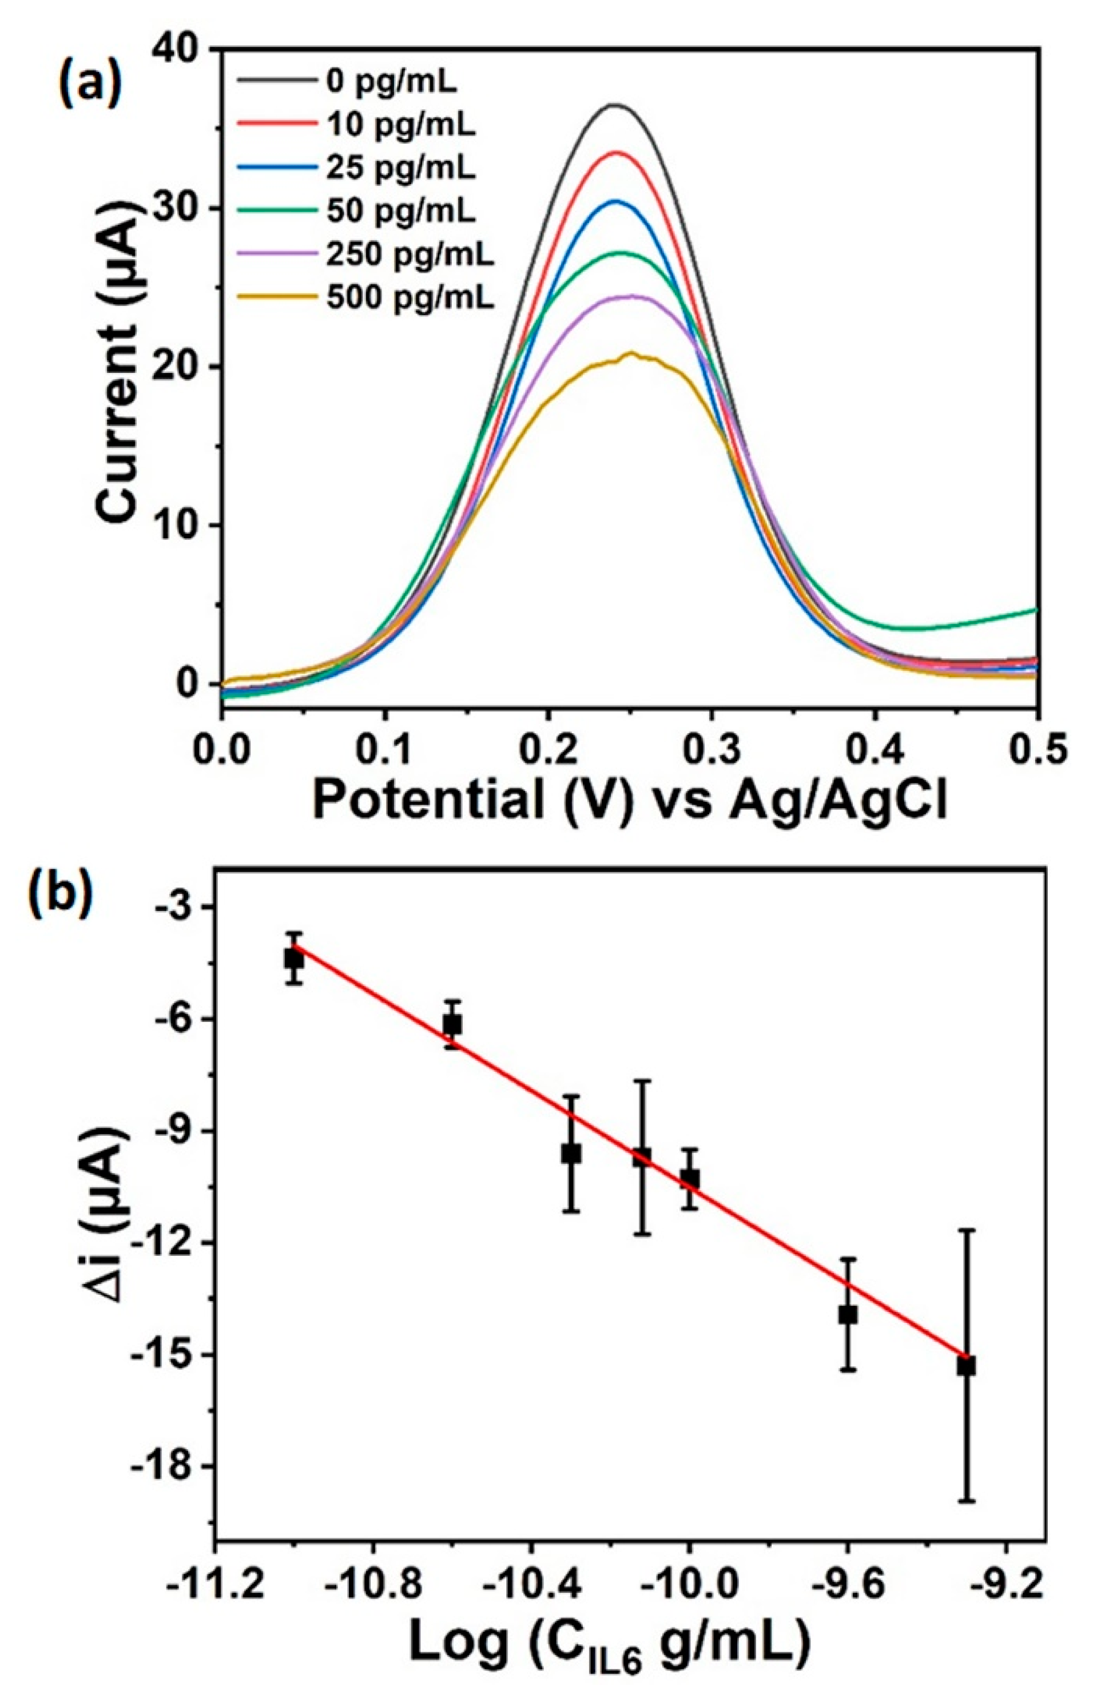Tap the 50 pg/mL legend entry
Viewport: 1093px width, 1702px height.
[x=402, y=212]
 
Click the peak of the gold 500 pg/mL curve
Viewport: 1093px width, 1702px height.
[x=629, y=353]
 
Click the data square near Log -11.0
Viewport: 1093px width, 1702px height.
[x=294, y=959]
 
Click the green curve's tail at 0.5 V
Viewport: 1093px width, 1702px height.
[x=1033, y=610]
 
